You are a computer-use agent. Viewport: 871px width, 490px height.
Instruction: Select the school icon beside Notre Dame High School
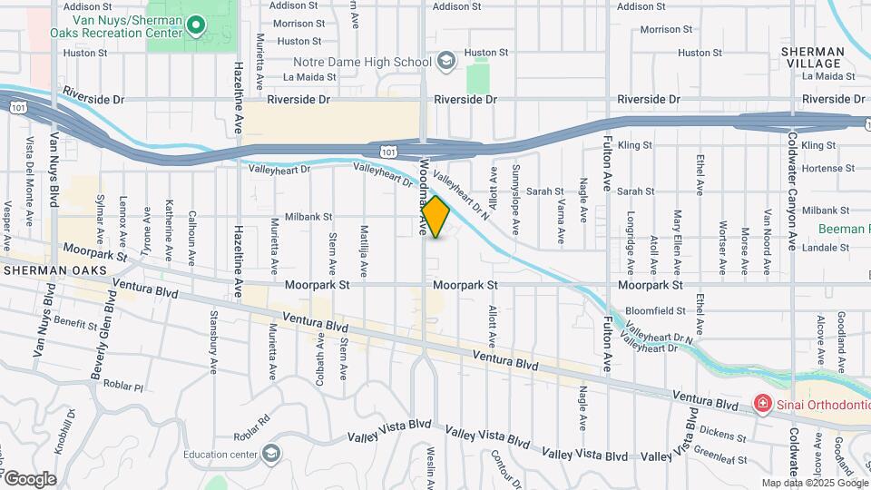pos(445,62)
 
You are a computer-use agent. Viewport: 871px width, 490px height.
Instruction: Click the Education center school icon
pos(270,454)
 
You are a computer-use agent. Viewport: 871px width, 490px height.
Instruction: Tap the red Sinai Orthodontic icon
pos(763,403)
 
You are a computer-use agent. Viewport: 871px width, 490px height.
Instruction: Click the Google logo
pos(30,478)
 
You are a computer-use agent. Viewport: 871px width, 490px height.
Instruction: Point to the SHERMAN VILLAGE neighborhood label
pos(811,58)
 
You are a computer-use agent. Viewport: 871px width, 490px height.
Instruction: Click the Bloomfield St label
pos(656,310)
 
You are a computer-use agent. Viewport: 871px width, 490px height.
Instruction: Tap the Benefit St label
pos(76,323)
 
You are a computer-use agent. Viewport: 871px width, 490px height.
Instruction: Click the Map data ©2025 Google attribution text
pos(816,484)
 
